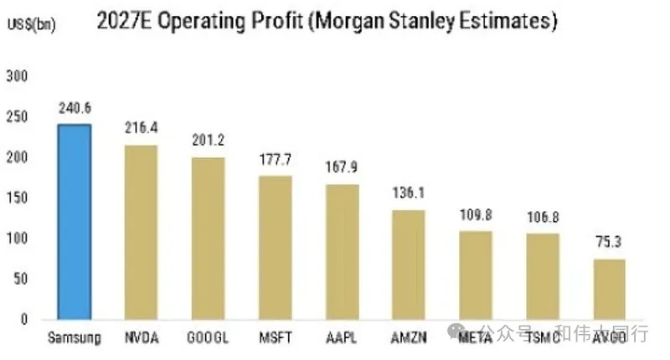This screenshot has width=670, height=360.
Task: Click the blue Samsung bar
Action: [x=74, y=222]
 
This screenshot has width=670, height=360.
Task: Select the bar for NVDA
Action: [x=141, y=232]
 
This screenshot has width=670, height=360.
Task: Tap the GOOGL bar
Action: [x=208, y=238]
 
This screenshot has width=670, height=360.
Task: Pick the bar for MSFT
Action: [x=275, y=247]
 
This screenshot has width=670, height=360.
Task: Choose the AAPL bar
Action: [x=342, y=251]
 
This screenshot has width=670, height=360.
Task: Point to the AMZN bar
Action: [x=409, y=265]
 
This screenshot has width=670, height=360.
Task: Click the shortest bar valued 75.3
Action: [x=610, y=289]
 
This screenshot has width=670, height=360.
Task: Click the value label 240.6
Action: [x=74, y=108]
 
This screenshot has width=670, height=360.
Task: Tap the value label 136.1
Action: [x=409, y=193]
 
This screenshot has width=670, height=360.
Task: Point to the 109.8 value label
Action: [x=476, y=214]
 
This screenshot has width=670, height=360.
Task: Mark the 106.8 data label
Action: [x=543, y=218]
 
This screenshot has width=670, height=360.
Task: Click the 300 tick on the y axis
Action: [x=18, y=76]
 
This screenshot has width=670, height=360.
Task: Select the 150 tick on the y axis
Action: [x=18, y=198]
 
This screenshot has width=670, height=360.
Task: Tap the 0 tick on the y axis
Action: [x=24, y=319]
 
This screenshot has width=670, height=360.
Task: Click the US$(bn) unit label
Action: [x=31, y=25]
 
